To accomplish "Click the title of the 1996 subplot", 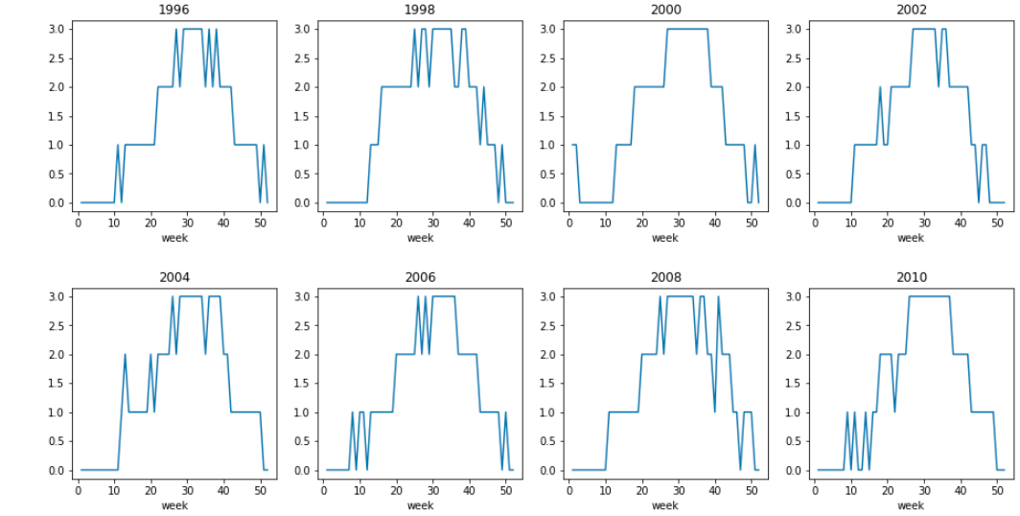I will coord(174,10).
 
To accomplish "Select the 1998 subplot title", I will coord(420,10).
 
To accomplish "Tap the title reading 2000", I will coord(665,10).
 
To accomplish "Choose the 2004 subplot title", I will coord(174,277).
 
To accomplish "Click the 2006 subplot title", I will coord(420,277).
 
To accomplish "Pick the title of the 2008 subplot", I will coord(665,277).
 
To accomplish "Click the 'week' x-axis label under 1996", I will coord(174,238).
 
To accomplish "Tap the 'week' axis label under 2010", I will coord(911,505).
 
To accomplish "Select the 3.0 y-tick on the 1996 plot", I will coord(58,29).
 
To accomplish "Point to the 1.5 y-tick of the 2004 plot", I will coord(58,384).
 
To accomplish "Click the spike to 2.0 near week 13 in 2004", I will coord(125,355).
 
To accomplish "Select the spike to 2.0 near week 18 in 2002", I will coord(880,87).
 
